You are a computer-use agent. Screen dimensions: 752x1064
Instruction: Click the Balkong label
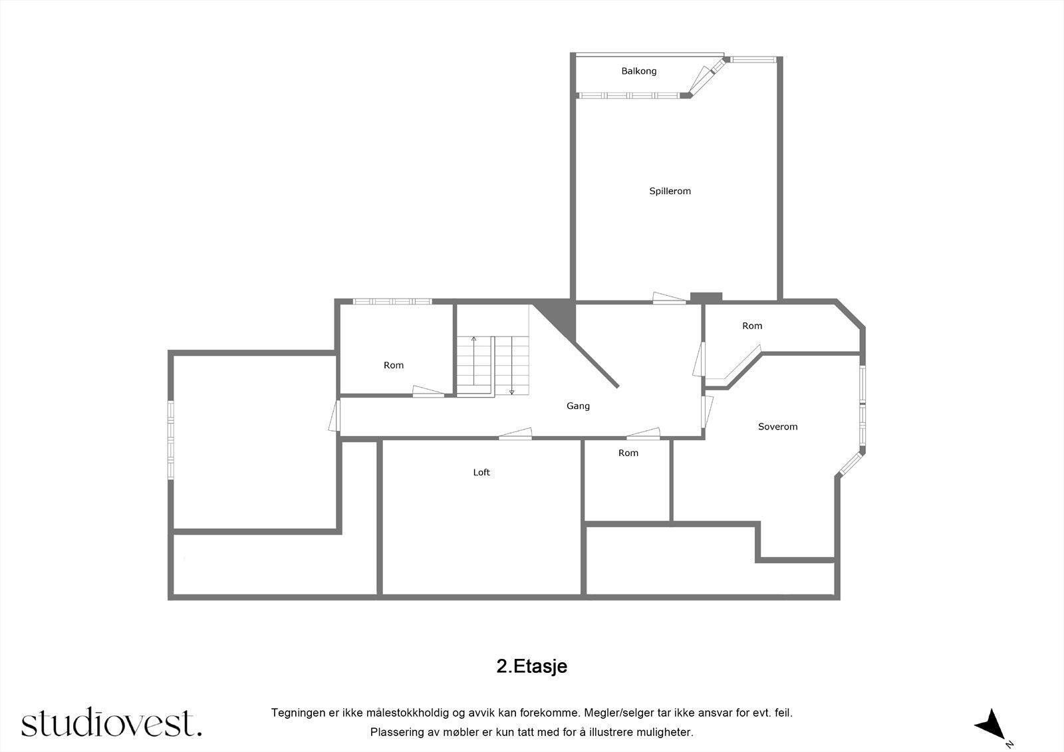(638, 71)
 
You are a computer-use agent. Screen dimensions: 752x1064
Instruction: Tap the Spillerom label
(670, 191)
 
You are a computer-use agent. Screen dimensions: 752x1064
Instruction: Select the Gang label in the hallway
(578, 406)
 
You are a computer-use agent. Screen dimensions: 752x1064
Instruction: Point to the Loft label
(481, 473)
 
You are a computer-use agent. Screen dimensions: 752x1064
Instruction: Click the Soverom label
(777, 427)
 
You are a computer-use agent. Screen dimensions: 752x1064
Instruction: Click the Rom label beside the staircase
(394, 366)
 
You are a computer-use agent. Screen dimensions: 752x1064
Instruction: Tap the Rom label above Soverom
(752, 326)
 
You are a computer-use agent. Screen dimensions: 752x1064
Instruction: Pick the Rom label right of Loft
(628, 453)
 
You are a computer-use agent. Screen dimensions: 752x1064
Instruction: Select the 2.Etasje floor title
(531, 666)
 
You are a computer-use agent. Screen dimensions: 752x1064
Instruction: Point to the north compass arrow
(992, 723)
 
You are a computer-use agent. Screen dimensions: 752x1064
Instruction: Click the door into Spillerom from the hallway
(668, 299)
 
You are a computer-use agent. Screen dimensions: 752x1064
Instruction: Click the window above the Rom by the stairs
(392, 302)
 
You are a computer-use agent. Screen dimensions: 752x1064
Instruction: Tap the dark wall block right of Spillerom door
(706, 297)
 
